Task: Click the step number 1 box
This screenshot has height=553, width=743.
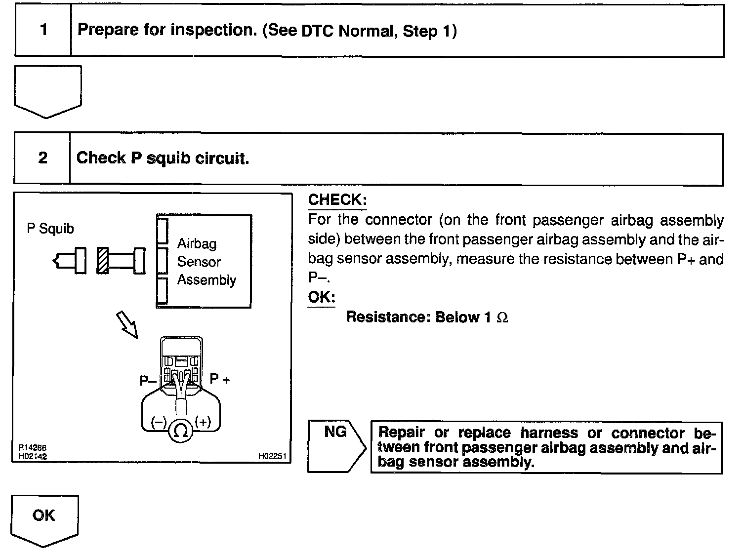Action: point(43,31)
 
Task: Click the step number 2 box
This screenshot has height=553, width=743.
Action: point(43,158)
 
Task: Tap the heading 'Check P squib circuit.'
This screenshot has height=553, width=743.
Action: point(163,158)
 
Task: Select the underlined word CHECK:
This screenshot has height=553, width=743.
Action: point(337,200)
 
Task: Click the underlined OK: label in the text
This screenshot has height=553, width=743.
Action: point(322,297)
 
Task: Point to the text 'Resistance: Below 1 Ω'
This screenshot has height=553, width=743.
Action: point(427,317)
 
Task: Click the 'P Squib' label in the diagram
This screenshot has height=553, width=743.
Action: point(50,229)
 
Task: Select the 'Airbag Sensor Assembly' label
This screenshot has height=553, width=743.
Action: point(206,262)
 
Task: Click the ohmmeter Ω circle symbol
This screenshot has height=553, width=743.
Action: point(181,432)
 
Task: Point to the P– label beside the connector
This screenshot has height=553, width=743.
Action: point(148,381)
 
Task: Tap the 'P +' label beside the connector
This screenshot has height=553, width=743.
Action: point(220,379)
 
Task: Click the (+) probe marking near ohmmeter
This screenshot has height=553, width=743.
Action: point(203,422)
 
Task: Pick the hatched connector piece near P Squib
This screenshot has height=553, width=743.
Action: point(103,260)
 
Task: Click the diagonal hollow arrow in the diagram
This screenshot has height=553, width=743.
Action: point(126,324)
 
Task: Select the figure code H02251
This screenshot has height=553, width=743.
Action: point(272,456)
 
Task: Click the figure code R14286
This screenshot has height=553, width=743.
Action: point(32,447)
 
